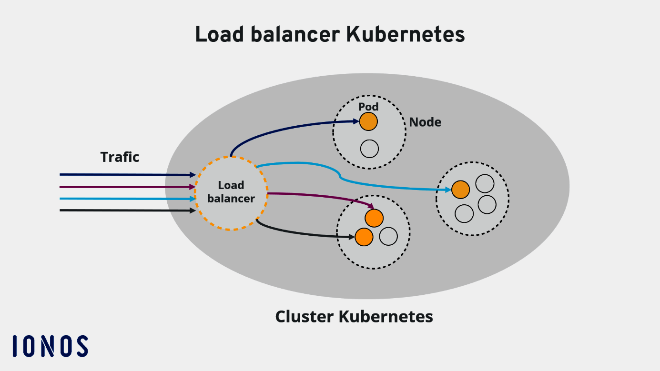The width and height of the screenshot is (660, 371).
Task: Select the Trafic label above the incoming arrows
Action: (x=120, y=157)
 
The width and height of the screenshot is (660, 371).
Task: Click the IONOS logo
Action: (x=50, y=346)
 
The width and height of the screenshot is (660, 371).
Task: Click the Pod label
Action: (x=368, y=107)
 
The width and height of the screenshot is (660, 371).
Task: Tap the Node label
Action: (x=425, y=122)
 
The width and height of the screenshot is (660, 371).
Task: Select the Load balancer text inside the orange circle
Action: (x=231, y=192)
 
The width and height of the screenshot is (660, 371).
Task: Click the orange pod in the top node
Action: (x=368, y=122)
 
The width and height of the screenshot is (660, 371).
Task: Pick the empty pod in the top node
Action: (x=369, y=149)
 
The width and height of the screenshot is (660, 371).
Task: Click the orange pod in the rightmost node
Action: (x=460, y=190)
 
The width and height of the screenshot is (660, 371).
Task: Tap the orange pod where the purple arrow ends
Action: (x=374, y=218)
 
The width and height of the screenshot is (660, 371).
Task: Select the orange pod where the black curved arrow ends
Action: (x=364, y=237)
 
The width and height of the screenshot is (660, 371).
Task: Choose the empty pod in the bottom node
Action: (x=388, y=236)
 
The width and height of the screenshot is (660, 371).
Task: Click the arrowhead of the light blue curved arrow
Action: (x=448, y=190)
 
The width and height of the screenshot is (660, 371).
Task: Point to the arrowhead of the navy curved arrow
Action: (x=356, y=122)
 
